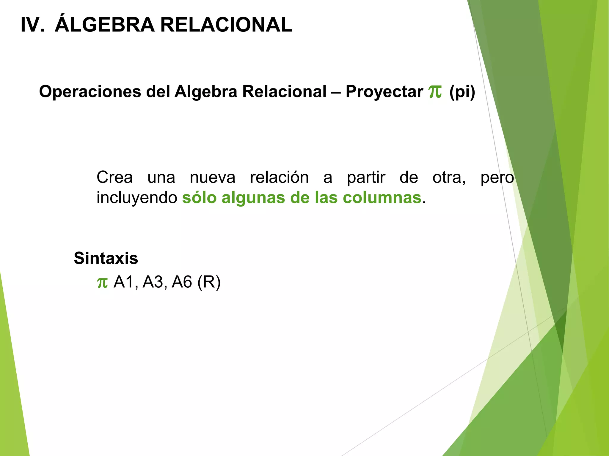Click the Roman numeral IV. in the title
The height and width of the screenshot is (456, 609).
click(x=32, y=25)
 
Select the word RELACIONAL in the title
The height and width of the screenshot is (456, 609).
click(x=226, y=25)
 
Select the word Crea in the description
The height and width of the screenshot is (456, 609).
click(x=114, y=178)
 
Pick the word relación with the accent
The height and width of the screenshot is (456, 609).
click(x=279, y=178)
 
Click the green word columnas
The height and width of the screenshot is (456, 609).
click(x=382, y=198)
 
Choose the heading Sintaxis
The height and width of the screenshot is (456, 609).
click(x=106, y=258)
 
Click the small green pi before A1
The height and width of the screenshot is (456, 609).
click(x=102, y=283)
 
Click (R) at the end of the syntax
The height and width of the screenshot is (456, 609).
click(x=209, y=282)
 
